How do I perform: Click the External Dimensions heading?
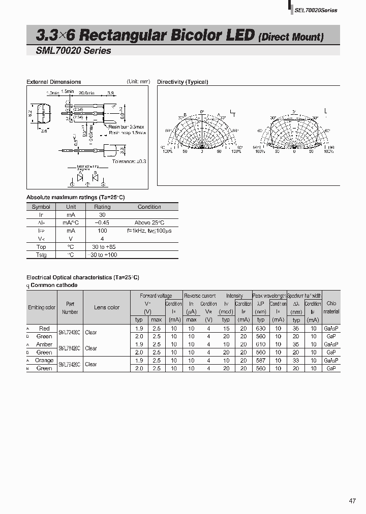(53, 82)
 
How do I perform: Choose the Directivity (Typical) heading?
(182, 82)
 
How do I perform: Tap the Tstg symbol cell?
(41, 254)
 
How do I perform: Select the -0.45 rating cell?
(102, 223)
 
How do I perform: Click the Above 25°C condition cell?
(149, 223)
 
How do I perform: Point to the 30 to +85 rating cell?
(102, 247)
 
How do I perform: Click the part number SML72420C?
(70, 333)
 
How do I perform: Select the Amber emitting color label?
(44, 344)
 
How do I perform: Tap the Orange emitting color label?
(44, 361)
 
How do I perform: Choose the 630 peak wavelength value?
(261, 329)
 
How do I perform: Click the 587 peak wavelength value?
(261, 361)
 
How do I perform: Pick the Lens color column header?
(107, 307)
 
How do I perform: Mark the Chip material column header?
(331, 307)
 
